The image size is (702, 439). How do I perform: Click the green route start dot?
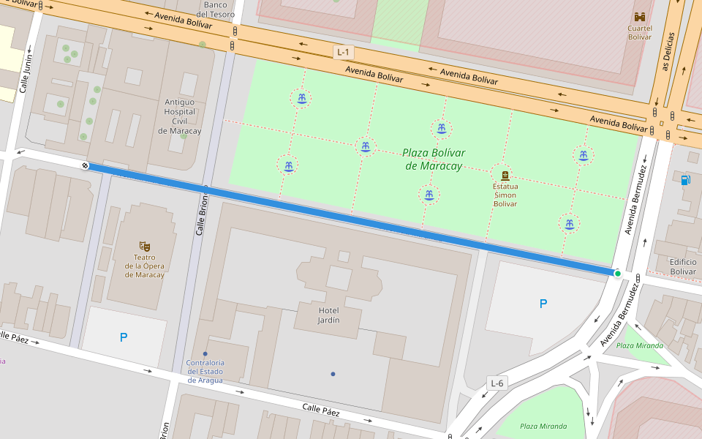point(618,274)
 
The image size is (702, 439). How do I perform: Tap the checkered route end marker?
point(85,166)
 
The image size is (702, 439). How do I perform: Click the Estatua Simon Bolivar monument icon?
point(505,175)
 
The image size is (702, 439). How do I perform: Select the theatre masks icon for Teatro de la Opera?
point(144,247)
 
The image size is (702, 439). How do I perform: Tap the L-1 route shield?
point(343,52)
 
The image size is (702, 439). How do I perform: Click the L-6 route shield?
point(497,383)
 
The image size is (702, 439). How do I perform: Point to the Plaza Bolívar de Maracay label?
point(434,160)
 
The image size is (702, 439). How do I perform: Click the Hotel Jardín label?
point(328,315)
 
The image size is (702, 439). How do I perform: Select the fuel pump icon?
point(684,180)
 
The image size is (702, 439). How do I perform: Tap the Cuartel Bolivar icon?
point(640,17)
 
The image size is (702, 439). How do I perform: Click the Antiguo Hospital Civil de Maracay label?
point(179,116)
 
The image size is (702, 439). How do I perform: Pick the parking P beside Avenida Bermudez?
point(543,304)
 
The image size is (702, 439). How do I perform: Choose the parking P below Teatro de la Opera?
point(123,337)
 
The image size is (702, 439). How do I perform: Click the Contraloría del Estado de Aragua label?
point(205,371)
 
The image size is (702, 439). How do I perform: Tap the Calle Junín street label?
point(26,73)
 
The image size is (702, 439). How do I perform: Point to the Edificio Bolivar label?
point(683,266)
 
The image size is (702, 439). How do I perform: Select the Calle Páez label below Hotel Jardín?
point(321,409)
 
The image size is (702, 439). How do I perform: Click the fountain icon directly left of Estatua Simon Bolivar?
point(429,195)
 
